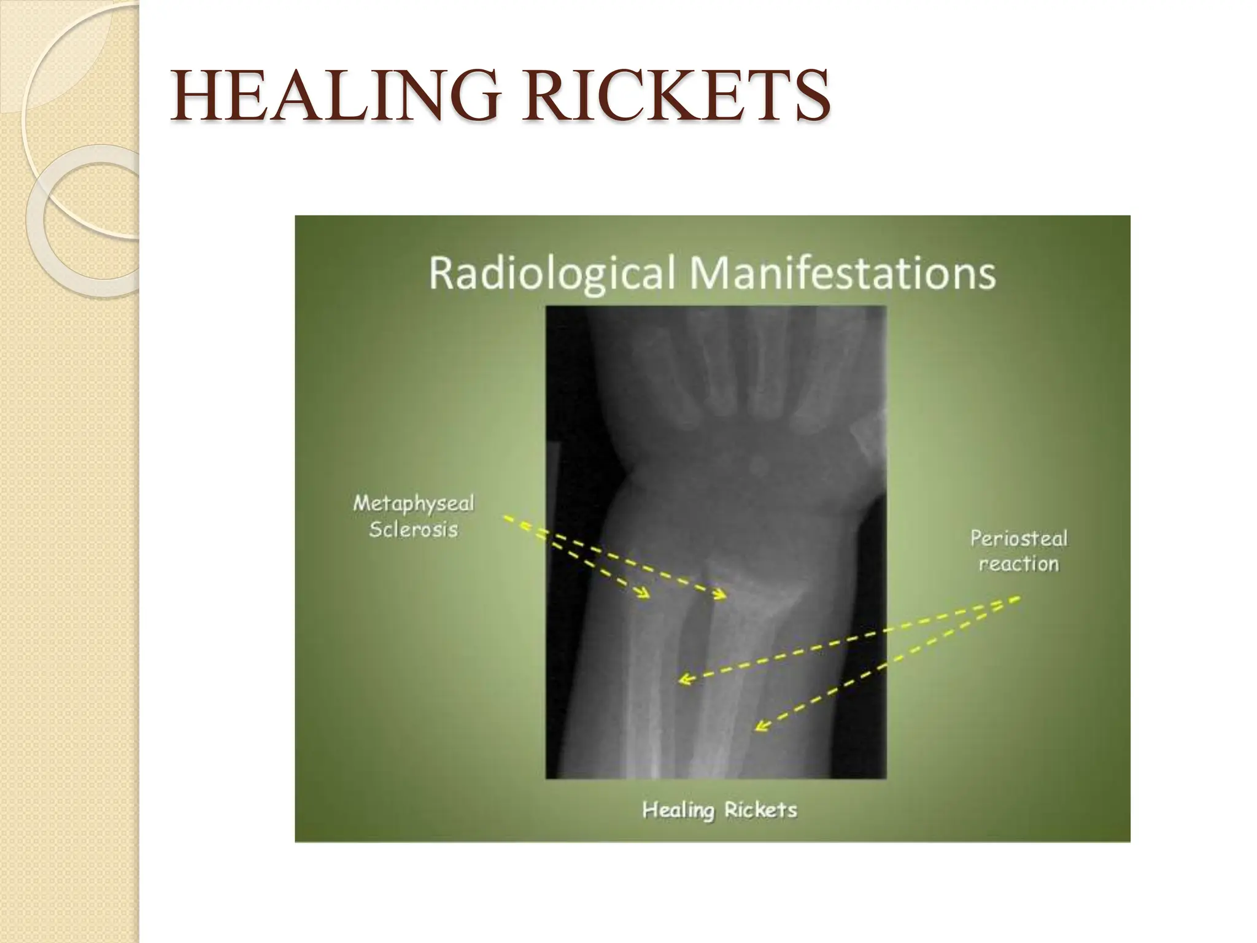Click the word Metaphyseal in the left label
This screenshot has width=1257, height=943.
pos(413,503)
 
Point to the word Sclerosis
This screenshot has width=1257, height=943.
pos(413,529)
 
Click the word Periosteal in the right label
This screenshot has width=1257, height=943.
pos(1018,538)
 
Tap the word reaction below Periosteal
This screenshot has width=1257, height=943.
pos(1018,564)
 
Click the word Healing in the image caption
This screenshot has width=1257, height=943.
pos(678,810)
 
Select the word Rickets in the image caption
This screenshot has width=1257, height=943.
pos(760,810)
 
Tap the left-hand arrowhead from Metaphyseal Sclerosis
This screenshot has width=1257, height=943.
pos(644,593)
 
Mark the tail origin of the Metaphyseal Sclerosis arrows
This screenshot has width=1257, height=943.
pos(506,519)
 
